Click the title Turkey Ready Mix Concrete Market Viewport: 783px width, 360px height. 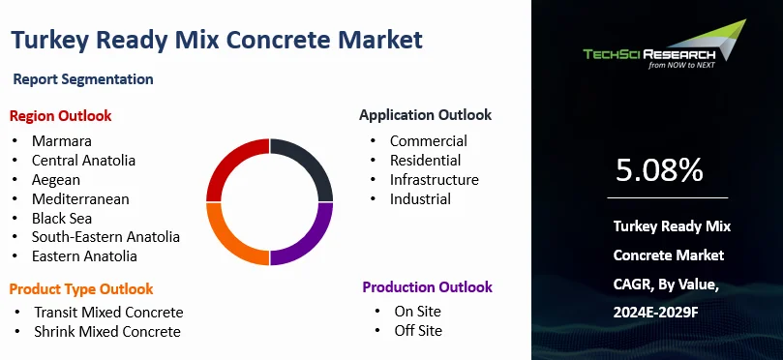point(217,40)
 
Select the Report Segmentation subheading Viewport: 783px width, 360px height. point(83,79)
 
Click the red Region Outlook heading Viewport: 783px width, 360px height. point(60,116)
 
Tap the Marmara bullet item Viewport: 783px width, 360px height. point(61,141)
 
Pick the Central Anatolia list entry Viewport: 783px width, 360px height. point(83,161)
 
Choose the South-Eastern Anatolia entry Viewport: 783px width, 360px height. point(105,237)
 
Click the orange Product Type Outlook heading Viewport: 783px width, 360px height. point(81,288)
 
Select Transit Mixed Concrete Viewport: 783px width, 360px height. point(108,312)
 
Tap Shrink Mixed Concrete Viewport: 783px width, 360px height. point(106,331)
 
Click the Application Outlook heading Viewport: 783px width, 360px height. point(425,115)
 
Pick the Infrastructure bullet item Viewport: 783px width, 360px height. point(434,179)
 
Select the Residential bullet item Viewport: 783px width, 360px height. point(425,160)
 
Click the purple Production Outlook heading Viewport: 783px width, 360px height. point(427,287)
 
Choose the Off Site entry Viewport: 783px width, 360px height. point(417,330)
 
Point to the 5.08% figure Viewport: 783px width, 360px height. point(659,170)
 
